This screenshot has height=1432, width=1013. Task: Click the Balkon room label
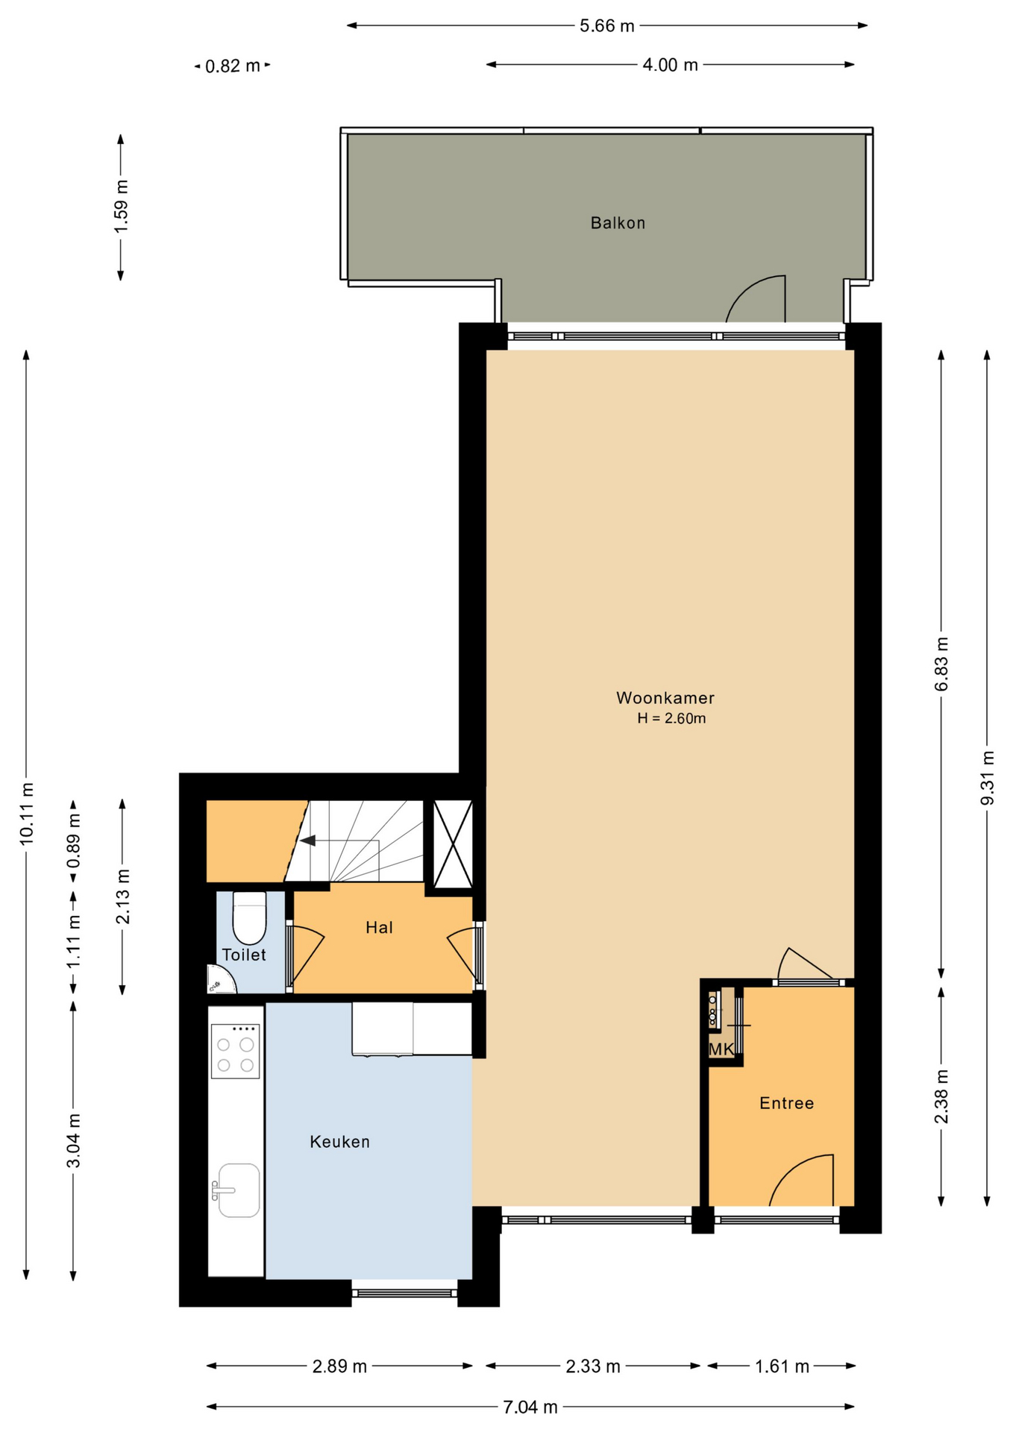coord(618,223)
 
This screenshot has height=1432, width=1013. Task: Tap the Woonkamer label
coord(665,698)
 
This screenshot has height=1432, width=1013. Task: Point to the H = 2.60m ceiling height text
coord(671,719)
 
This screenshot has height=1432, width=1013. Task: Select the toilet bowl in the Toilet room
coord(249,918)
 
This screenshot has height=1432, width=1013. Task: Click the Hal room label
coord(379,927)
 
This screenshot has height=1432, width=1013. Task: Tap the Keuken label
coord(339,1142)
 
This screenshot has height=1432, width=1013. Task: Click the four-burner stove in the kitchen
coord(235,1052)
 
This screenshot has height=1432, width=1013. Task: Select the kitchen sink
coord(236,1190)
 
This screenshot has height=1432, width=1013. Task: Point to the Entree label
coord(786,1103)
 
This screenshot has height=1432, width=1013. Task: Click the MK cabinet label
coord(721,1049)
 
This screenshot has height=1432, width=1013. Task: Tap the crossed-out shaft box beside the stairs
coord(453,844)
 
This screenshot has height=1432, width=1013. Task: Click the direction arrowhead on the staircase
coord(307,841)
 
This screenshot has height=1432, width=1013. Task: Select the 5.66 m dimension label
coord(607,26)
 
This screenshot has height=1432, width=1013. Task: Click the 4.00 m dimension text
coord(671,65)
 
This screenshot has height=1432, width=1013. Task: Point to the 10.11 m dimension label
coord(27,814)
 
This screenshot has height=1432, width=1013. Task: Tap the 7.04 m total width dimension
coord(530,1407)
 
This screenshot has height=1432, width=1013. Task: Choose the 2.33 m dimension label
coord(593,1366)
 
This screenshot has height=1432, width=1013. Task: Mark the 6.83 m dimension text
coord(942,664)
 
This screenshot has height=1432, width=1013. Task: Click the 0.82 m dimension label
coord(233,66)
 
